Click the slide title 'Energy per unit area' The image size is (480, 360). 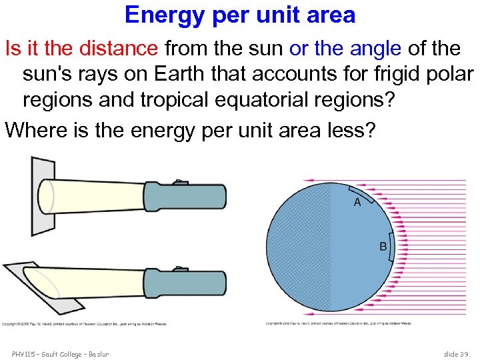point(240,15)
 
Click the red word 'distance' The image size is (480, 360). point(119,48)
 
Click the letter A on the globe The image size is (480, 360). point(357,202)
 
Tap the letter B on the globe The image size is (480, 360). point(383,247)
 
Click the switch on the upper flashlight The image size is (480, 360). point(181,181)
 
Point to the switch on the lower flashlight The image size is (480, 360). point(181,269)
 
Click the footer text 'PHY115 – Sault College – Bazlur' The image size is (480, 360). point(60,353)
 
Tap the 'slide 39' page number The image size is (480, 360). point(457,353)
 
